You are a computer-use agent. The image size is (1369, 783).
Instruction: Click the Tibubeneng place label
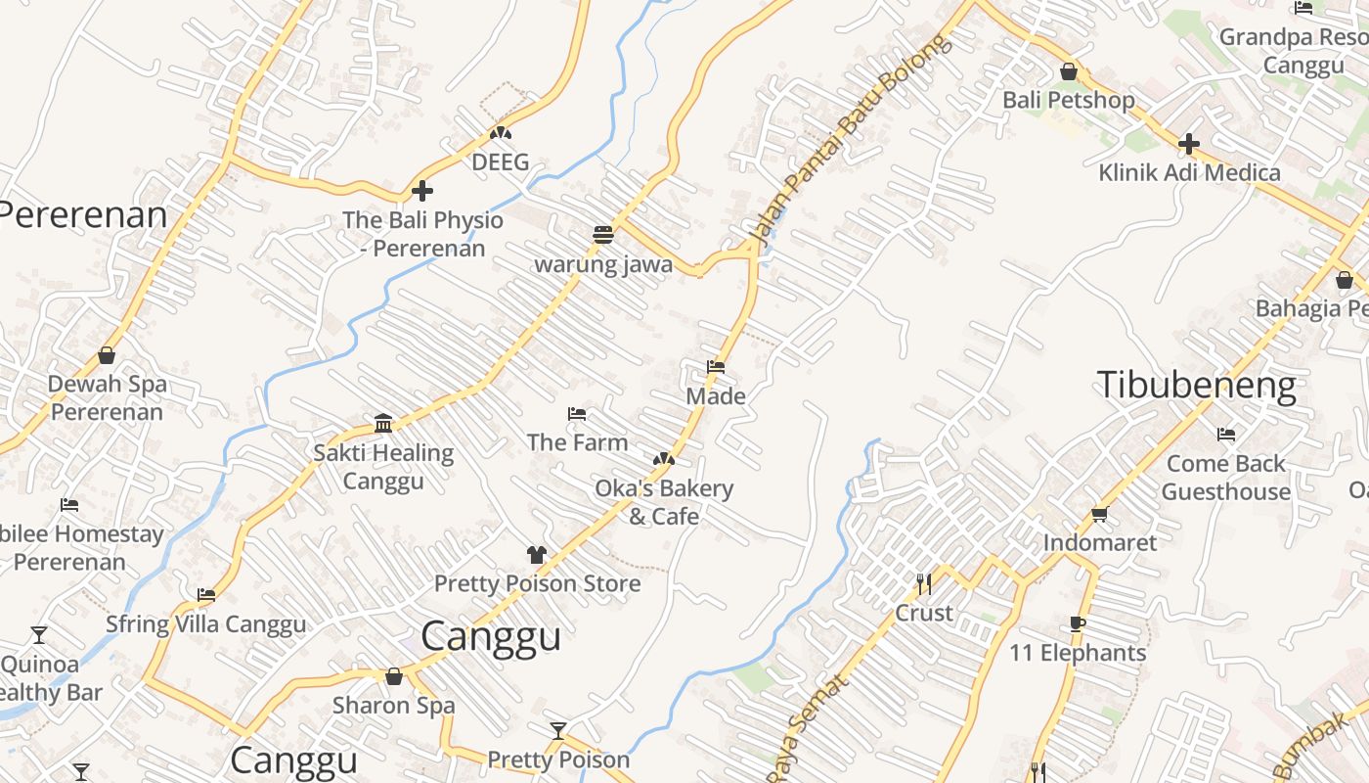[x=1196, y=385]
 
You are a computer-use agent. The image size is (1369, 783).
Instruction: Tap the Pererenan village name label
[x=84, y=214]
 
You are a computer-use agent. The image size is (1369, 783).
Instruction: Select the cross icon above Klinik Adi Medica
[x=1189, y=145]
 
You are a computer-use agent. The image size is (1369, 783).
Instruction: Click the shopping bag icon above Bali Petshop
[x=1069, y=71]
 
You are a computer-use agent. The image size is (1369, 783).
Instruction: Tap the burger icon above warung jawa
[x=602, y=235]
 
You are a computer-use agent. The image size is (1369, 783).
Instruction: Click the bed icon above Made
[x=716, y=368]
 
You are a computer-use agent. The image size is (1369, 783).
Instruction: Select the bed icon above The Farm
[x=577, y=414]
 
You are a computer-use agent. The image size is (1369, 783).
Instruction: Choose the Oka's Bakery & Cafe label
[x=664, y=501]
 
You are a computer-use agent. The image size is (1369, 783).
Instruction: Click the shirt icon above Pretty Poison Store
[x=536, y=555]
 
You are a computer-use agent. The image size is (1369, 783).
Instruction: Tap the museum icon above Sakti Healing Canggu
[x=383, y=424]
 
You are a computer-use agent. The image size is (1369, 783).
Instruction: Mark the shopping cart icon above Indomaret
[x=1099, y=514]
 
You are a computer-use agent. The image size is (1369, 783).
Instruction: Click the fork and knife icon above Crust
[x=923, y=584]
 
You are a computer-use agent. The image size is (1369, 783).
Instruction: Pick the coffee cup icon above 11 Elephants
[x=1077, y=624]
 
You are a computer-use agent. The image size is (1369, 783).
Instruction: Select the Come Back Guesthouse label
[x=1226, y=477]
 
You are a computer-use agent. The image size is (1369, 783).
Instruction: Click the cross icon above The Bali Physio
[x=422, y=191]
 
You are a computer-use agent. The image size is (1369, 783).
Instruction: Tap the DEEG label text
[x=500, y=161]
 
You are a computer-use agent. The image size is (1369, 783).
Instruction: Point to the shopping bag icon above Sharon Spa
[x=393, y=676]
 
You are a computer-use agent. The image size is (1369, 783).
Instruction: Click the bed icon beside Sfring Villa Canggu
[x=205, y=595]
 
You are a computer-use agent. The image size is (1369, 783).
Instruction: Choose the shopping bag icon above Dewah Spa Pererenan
[x=107, y=355]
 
